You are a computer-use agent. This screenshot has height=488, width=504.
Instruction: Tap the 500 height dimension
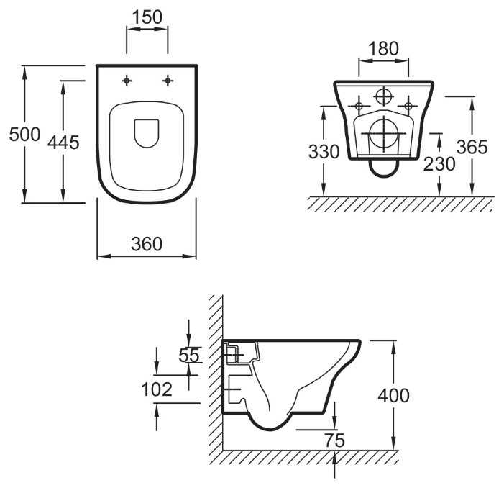[22, 134]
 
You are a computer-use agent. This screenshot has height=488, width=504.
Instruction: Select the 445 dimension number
[63, 143]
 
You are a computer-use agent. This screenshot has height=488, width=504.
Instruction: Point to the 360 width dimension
[147, 244]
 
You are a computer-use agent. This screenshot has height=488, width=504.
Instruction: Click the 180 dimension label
[383, 48]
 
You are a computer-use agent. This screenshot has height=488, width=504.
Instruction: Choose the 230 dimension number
[439, 164]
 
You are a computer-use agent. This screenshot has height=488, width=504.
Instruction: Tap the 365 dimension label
[473, 146]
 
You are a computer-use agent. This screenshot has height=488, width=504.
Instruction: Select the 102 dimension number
[157, 389]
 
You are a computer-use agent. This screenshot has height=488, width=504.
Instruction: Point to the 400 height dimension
[393, 395]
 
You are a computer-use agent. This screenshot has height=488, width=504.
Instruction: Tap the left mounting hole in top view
[127, 81]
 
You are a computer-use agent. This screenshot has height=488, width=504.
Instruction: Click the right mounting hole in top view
[168, 81]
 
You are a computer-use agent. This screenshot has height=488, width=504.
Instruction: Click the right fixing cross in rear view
[408, 107]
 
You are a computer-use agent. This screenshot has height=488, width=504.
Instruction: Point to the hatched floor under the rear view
[399, 204]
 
